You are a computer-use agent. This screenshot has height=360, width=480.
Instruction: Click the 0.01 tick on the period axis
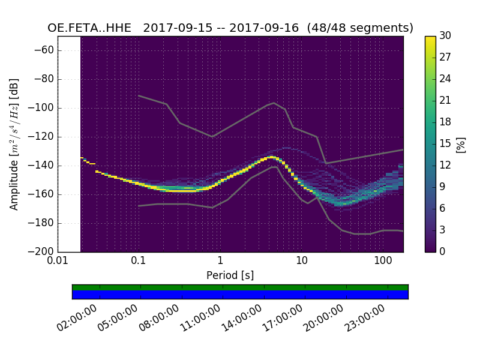point(58,262)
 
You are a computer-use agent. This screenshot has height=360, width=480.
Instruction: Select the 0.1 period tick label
point(139,262)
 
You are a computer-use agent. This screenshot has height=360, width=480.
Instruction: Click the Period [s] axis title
point(230,275)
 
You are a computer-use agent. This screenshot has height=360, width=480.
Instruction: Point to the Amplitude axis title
point(14,144)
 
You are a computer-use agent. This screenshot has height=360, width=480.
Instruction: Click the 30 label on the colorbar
point(445,36)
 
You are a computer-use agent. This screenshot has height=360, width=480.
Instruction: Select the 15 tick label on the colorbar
point(445,143)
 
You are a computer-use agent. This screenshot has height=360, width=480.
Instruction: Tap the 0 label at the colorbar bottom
point(442,251)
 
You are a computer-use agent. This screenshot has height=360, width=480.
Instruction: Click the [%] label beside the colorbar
point(461,144)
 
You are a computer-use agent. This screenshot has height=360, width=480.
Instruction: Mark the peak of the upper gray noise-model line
point(274,103)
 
